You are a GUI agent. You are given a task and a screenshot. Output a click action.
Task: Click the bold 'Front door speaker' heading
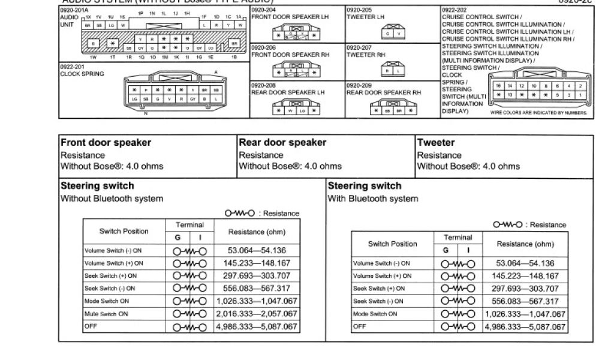(106, 143)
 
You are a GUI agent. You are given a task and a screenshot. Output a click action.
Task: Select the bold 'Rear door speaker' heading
(282, 143)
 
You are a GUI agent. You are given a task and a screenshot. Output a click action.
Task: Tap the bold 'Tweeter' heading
(436, 143)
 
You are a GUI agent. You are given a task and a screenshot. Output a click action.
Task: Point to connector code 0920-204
(264, 10)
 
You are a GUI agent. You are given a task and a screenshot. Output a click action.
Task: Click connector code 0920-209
(359, 85)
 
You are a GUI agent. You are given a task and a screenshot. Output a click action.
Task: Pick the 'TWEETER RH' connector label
(366, 55)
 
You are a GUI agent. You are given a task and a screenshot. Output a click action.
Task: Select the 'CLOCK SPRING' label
(82, 74)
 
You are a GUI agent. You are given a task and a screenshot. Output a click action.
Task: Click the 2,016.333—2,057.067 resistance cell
(256, 314)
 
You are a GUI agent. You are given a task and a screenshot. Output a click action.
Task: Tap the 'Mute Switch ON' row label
(106, 314)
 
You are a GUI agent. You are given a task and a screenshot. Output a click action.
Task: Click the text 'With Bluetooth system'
(372, 199)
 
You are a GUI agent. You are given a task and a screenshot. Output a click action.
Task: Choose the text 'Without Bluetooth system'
(112, 199)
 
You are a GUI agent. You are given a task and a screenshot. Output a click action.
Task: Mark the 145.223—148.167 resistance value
(525, 276)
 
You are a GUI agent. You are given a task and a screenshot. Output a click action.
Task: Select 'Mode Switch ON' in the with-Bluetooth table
(375, 314)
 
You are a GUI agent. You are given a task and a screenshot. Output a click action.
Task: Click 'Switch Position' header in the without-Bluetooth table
(124, 231)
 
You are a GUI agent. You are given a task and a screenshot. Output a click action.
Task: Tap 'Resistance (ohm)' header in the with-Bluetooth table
(525, 244)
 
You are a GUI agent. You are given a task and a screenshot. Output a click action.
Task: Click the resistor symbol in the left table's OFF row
(190, 327)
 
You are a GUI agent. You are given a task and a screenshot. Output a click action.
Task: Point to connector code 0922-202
(454, 10)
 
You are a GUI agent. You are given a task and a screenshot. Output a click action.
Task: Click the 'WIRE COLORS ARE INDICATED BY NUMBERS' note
(538, 112)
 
